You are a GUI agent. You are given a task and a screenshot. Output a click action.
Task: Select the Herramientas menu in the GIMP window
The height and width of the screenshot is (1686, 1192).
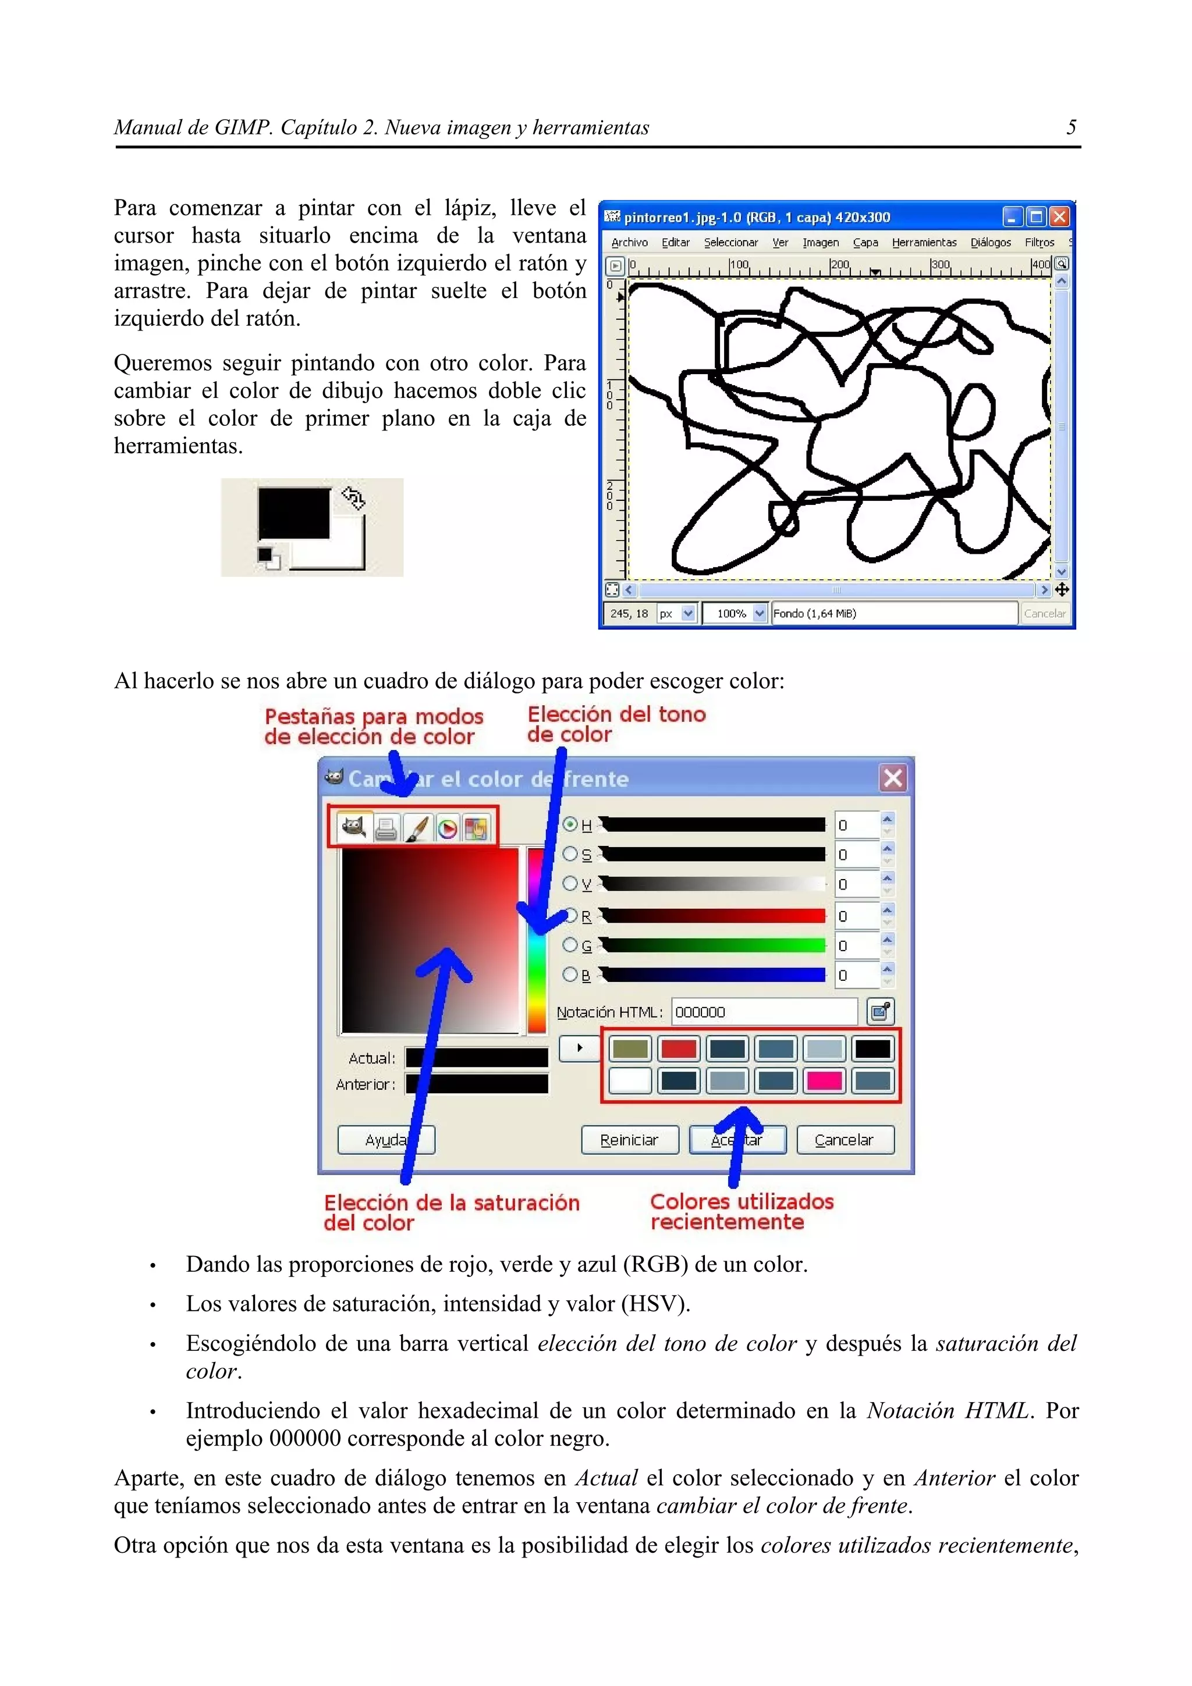point(923,243)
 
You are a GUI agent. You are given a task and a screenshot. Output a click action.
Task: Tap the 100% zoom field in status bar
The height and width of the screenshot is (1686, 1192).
point(732,613)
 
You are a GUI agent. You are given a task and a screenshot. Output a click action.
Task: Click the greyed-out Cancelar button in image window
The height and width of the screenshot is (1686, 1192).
point(1044,613)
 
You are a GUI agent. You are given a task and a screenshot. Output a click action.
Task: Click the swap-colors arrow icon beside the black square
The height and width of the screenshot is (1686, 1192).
point(353,498)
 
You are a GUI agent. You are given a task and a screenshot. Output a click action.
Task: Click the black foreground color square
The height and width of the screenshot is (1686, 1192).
point(293,513)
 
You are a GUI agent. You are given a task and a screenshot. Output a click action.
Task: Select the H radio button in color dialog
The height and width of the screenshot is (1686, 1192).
point(570,824)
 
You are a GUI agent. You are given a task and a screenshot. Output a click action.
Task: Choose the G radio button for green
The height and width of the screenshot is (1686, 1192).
point(570,945)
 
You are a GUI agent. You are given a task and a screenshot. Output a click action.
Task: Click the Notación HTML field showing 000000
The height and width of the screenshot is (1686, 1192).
point(763,1012)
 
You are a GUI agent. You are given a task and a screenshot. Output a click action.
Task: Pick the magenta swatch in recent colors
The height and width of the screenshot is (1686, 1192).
point(824,1080)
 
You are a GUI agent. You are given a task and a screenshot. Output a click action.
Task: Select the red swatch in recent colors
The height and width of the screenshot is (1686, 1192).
point(678,1048)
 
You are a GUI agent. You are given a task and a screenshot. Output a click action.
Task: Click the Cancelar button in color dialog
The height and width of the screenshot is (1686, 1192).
point(845,1140)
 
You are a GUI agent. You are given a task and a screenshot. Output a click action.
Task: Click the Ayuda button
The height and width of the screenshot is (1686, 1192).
point(385,1140)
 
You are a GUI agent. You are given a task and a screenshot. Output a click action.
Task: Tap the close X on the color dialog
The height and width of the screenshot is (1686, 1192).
point(892,778)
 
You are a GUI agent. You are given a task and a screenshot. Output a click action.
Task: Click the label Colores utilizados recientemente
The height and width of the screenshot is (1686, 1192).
point(741,1212)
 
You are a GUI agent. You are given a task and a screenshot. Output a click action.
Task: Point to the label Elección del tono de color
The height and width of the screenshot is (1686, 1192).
point(615,724)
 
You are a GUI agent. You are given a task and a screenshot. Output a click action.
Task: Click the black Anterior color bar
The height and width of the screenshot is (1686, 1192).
point(477,1084)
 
